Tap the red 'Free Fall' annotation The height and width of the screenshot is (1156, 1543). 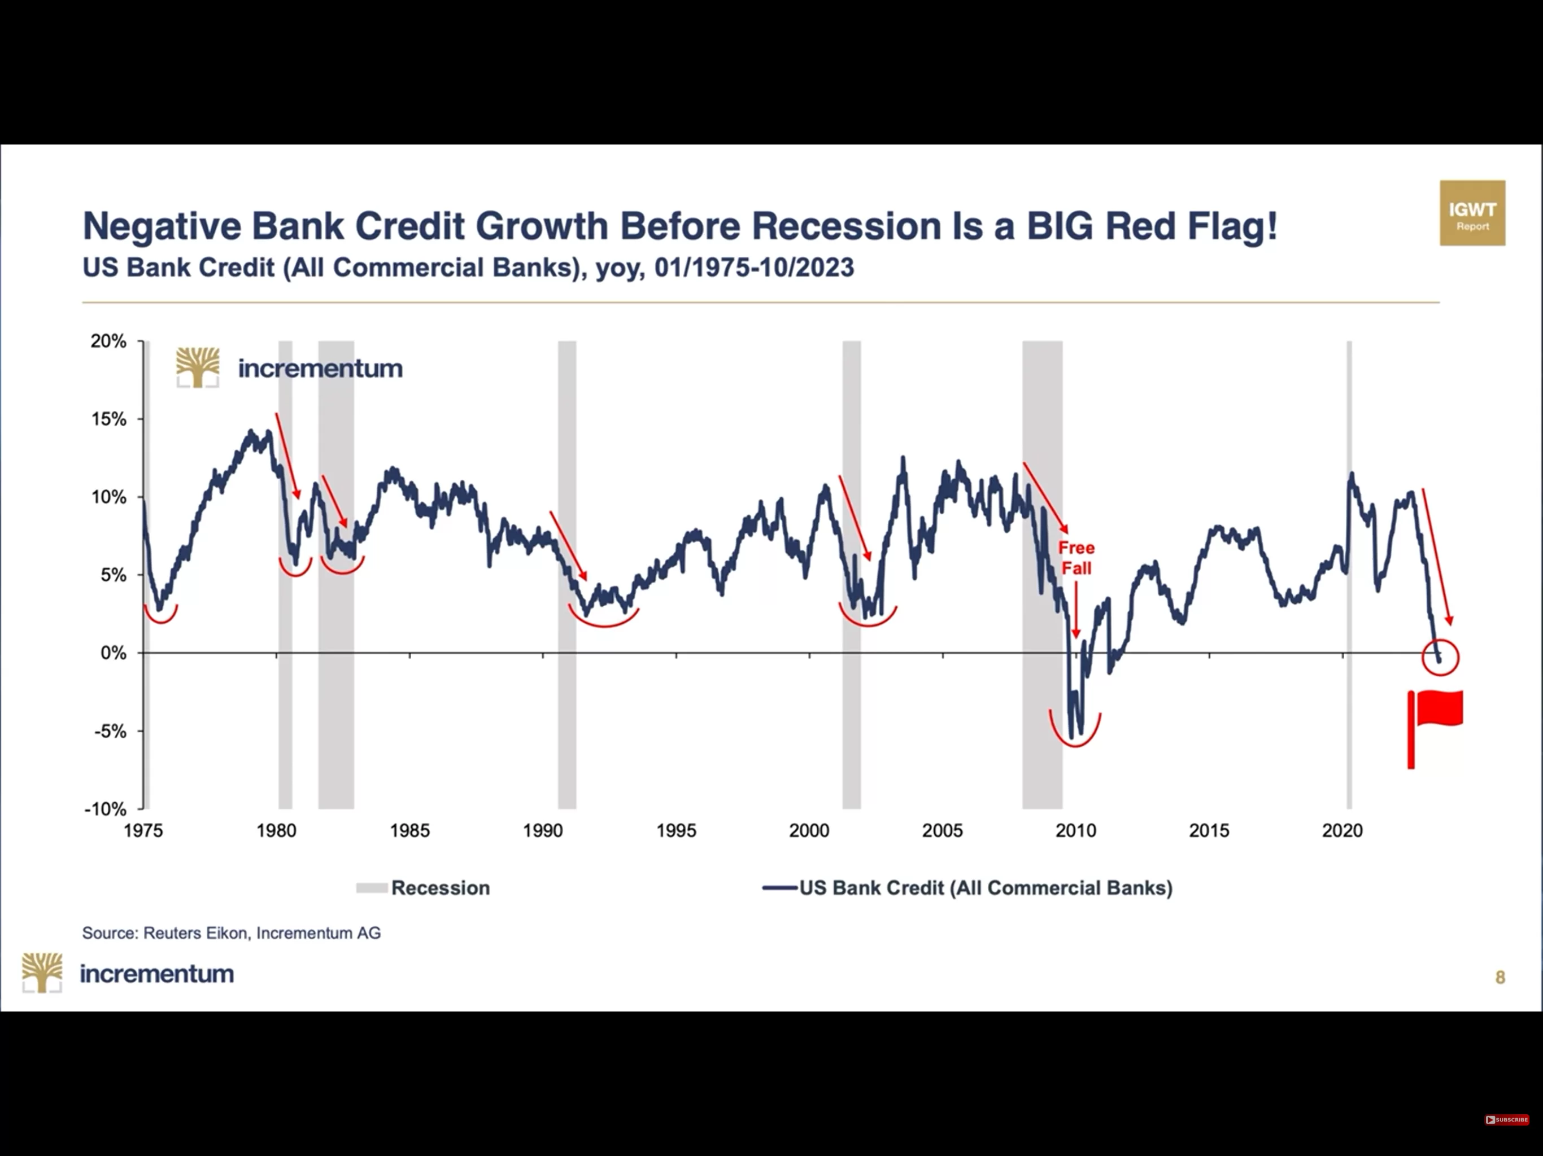(x=1076, y=558)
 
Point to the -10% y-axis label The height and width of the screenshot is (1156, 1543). (x=105, y=809)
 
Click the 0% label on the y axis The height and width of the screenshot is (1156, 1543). (x=114, y=653)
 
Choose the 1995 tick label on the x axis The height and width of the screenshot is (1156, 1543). (x=676, y=831)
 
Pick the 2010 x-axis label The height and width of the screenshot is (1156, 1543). (x=1075, y=831)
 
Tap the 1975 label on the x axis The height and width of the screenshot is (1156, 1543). (x=143, y=831)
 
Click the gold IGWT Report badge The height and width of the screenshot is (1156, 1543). (x=1472, y=213)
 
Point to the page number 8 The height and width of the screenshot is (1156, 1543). (x=1501, y=978)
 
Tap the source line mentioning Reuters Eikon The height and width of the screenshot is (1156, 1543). (x=232, y=933)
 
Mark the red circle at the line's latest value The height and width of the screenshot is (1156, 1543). (x=1440, y=657)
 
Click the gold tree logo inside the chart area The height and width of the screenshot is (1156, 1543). (x=198, y=367)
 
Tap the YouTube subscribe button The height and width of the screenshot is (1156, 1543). (x=1506, y=1120)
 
